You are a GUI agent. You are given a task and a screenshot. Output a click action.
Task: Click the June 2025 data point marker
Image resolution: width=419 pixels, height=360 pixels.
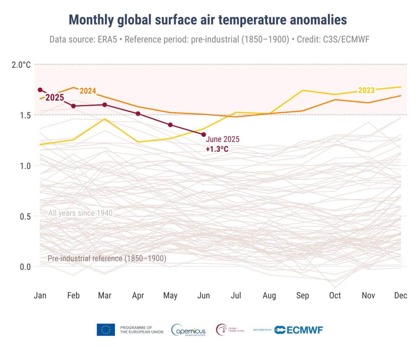pyautogui.click(x=204, y=135)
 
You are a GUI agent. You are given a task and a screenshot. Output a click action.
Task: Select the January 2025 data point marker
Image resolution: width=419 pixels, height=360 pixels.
pyautogui.click(x=40, y=90)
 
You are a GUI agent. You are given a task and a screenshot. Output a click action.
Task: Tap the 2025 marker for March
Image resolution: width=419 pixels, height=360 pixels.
pyautogui.click(x=105, y=105)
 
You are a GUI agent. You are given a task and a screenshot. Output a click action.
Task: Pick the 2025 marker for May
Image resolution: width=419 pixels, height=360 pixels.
pyautogui.click(x=170, y=125)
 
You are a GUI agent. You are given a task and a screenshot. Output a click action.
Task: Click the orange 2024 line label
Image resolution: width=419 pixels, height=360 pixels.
pyautogui.click(x=88, y=91)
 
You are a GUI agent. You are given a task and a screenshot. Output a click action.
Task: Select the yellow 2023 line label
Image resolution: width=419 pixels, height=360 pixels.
pyautogui.click(x=366, y=90)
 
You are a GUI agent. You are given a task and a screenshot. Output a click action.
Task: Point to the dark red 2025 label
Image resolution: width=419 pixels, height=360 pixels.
pyautogui.click(x=55, y=98)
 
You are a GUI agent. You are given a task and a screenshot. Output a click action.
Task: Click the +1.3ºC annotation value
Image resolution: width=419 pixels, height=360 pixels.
pyautogui.click(x=217, y=149)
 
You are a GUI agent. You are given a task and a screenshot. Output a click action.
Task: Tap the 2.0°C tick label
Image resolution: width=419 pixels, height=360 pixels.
pyautogui.click(x=21, y=65)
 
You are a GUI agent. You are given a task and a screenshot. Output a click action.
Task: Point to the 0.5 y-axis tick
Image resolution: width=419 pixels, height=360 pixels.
pyautogui.click(x=25, y=216)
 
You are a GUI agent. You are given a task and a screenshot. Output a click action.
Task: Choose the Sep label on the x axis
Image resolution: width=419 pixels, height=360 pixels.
pyautogui.click(x=302, y=296)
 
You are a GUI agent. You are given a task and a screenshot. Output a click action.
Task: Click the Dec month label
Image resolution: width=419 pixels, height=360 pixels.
pyautogui.click(x=401, y=296)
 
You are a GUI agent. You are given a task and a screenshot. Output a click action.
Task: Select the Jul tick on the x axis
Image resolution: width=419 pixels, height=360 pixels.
pyautogui.click(x=236, y=296)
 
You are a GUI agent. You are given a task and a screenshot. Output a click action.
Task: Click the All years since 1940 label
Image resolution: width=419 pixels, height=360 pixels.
pyautogui.click(x=81, y=213)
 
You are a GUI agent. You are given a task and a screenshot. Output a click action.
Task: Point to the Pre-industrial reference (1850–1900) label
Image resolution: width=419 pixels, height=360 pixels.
pyautogui.click(x=107, y=258)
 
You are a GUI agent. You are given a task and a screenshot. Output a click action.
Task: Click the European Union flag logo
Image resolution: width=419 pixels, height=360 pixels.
pyautogui.click(x=106, y=330)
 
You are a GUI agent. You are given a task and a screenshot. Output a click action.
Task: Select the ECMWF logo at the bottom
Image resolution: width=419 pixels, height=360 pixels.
pyautogui.click(x=299, y=330)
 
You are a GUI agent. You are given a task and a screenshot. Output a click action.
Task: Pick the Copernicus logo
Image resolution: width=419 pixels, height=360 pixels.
pyautogui.click(x=189, y=330)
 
